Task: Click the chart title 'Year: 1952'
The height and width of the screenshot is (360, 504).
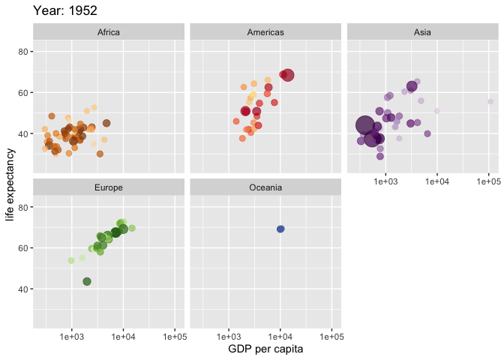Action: pos(65,11)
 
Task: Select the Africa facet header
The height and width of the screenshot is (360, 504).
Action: pos(109,32)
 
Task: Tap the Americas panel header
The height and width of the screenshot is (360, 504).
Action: pos(265,32)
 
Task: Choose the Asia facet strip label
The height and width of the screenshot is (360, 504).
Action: pos(422,32)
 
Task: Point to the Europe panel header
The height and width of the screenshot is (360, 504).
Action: pos(109,187)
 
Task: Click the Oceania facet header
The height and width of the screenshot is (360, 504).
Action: pos(265,187)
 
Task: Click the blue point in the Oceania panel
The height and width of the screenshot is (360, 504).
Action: pos(280,229)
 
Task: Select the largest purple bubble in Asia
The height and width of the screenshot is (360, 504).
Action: pos(365,126)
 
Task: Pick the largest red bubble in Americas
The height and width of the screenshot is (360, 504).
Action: pos(287,74)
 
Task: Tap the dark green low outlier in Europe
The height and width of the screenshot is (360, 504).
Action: pos(87,281)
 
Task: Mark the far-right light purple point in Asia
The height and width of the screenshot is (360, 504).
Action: pos(490,101)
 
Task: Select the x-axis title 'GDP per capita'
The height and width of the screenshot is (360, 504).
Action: pos(265,349)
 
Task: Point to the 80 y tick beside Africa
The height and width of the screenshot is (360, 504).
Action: pos(23,52)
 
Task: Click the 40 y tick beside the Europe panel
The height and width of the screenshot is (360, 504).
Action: pos(23,289)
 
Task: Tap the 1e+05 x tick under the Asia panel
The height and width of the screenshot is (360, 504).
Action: pos(487,181)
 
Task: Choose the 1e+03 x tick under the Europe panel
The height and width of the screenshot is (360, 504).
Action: pos(72,336)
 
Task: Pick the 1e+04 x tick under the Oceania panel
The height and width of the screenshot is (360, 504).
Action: pos(280,336)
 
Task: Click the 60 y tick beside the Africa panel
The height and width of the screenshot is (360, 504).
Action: pos(23,93)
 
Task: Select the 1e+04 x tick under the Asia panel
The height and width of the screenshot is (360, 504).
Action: pos(436,181)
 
